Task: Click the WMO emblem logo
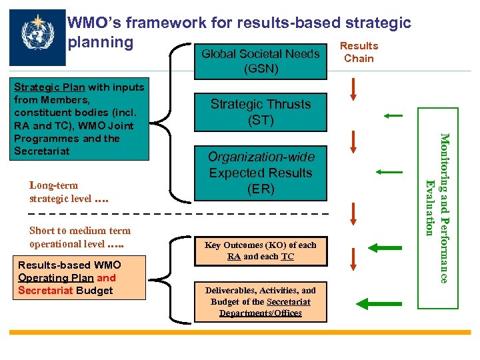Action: pyautogui.click(x=39, y=37)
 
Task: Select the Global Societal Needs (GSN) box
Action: pyautogui.click(x=260, y=61)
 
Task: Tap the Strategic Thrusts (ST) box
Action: pyautogui.click(x=260, y=112)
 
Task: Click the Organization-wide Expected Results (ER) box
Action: pyautogui.click(x=260, y=173)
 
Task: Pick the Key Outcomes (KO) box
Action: pyautogui.click(x=260, y=251)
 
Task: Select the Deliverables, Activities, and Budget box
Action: pyautogui.click(x=260, y=301)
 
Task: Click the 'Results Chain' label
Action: pyautogui.click(x=359, y=52)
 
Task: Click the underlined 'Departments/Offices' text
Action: pyautogui.click(x=261, y=313)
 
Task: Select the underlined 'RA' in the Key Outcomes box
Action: pyautogui.click(x=234, y=256)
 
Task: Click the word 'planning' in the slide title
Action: pyautogui.click(x=101, y=42)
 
